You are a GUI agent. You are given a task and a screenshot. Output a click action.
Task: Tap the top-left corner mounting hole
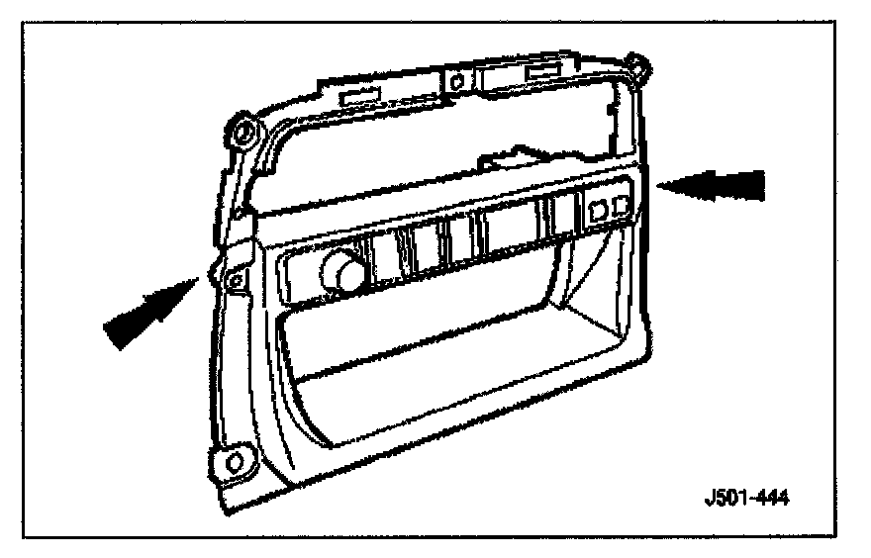pos(241,130)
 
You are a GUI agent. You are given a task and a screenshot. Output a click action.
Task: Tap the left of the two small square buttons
pos(598,209)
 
